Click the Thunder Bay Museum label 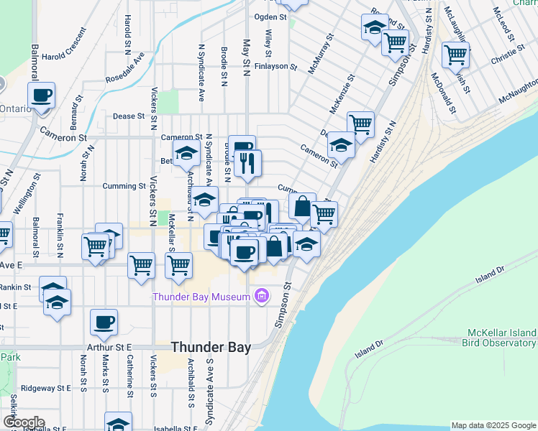(201, 296)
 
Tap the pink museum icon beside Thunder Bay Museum (261, 296)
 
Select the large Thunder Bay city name (211, 347)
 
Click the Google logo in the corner (23, 422)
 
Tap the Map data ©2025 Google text (493, 425)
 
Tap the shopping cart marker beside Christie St (455, 55)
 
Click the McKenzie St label (342, 95)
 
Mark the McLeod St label (502, 20)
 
